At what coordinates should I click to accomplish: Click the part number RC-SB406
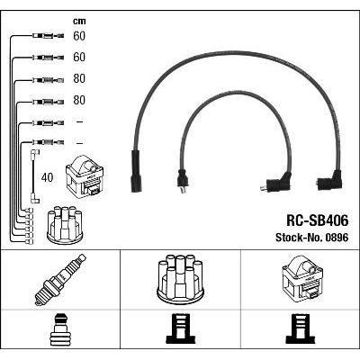(x=318, y=220)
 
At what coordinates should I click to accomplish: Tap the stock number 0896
(x=337, y=238)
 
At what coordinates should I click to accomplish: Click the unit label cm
(x=79, y=21)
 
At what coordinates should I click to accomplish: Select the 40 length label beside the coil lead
(x=47, y=177)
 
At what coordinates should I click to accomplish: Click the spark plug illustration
(x=60, y=280)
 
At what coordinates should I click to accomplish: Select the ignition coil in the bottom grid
(x=302, y=278)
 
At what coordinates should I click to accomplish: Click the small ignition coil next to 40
(x=85, y=175)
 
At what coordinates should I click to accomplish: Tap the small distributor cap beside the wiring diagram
(x=65, y=225)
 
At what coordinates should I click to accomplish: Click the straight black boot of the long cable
(x=136, y=171)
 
